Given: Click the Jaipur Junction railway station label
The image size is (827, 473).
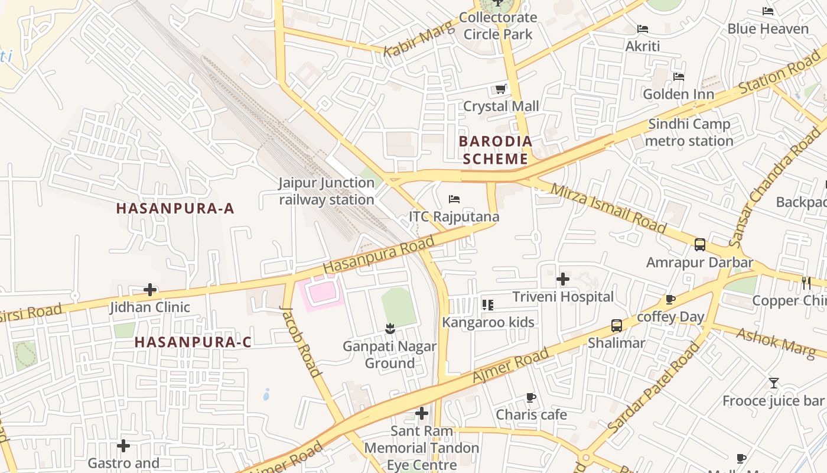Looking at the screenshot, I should [327, 191].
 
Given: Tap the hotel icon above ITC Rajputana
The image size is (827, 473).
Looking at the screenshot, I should [454, 199].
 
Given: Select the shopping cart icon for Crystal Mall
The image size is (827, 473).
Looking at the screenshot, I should [500, 89].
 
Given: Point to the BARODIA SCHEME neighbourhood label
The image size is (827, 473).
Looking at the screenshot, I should [496, 150].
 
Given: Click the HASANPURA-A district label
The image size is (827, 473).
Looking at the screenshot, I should [175, 208].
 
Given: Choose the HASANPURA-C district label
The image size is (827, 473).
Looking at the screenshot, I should [193, 342].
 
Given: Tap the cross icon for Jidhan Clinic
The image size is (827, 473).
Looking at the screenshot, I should [150, 290].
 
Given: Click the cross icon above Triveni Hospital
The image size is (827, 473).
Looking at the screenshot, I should [563, 279].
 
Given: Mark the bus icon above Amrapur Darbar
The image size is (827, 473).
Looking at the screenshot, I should [700, 244].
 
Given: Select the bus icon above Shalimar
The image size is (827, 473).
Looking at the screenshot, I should [616, 325].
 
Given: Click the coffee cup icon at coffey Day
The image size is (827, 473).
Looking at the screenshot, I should [670, 300].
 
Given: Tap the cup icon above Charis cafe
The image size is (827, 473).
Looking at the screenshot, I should [530, 397].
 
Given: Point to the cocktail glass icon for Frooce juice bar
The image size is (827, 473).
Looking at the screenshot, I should [773, 383].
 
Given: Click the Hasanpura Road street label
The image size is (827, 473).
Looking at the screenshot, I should [379, 254].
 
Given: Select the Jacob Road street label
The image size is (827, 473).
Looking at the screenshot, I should [301, 341].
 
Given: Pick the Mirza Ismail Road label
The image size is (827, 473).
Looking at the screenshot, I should [608, 208].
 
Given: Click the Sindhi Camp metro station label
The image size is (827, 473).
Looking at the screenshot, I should [689, 132].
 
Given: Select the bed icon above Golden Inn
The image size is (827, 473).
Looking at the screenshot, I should [678, 77].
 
